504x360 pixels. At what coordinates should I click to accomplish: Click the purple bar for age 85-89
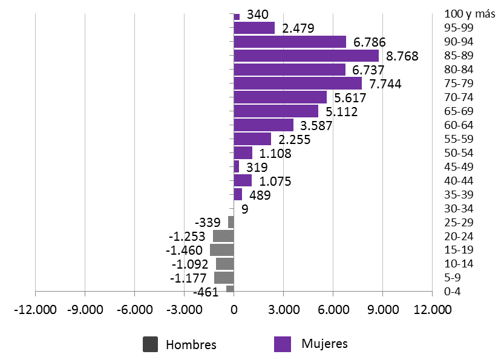tap(306, 56)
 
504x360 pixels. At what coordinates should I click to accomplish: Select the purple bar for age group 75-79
tap(298, 83)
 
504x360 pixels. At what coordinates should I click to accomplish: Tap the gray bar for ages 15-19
tap(222, 250)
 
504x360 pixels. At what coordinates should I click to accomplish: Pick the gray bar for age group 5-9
tap(224, 278)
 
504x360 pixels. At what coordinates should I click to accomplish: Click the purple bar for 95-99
tap(254, 28)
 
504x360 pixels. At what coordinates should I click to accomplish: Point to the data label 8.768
tap(402, 56)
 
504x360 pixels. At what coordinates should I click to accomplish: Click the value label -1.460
tap(186, 250)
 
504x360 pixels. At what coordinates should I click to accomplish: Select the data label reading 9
tap(244, 209)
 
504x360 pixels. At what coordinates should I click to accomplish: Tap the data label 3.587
tap(317, 126)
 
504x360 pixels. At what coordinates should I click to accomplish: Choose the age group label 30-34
tap(459, 209)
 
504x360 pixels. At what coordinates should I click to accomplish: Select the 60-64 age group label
tap(459, 125)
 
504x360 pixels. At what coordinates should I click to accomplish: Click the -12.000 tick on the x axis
tap(35, 310)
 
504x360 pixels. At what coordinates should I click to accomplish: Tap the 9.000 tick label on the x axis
tap(382, 310)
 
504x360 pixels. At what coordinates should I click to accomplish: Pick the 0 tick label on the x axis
tap(234, 310)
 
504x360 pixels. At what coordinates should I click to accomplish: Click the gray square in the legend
tap(150, 344)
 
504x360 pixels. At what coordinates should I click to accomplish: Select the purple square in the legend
tap(283, 344)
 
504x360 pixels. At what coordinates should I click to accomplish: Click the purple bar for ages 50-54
tap(243, 153)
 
